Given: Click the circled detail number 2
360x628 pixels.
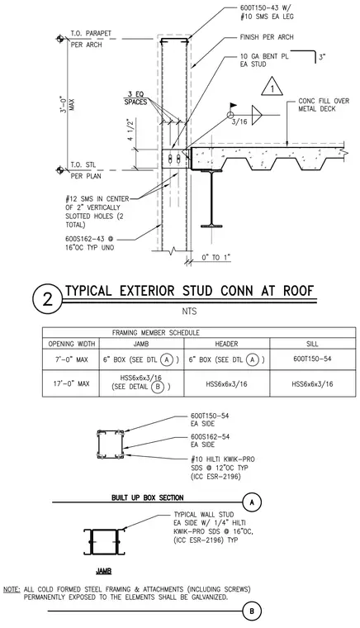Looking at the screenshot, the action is pos(48,298).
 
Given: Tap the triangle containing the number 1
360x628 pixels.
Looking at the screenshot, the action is pos(272,87).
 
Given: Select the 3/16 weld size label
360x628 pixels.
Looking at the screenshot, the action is pos(239,121).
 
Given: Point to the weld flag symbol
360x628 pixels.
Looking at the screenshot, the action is pos(233,106).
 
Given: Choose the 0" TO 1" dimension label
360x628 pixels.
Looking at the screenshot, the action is pos(216,257).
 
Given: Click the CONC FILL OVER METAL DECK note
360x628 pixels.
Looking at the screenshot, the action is pos(324,105).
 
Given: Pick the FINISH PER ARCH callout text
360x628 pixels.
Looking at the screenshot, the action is pos(267,37).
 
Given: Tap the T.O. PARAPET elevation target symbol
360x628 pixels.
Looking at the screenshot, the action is pos(59,39).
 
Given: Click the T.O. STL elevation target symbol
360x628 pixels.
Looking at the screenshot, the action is pos(59,170).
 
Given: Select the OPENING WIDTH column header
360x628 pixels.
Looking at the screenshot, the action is pos(72,344).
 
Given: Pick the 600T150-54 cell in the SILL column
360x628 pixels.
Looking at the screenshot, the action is pos(312,359).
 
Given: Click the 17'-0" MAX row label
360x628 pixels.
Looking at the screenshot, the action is pos(71,383).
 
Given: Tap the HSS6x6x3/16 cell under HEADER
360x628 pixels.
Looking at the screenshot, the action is pos(226,383).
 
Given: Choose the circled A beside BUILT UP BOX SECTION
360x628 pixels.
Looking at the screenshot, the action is pos(252,502).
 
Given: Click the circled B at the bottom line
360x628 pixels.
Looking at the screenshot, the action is pos(252,611).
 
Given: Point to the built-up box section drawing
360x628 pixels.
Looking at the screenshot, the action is pos(110,445).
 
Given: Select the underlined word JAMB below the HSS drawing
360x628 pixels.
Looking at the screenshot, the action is pos(103,571).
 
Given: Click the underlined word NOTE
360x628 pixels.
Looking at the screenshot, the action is pos(12,589).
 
